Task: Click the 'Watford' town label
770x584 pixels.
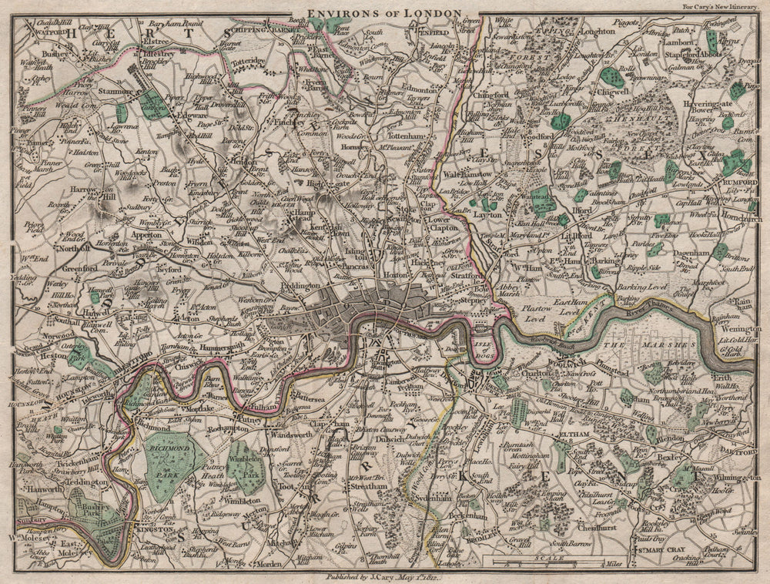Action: [42, 32]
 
